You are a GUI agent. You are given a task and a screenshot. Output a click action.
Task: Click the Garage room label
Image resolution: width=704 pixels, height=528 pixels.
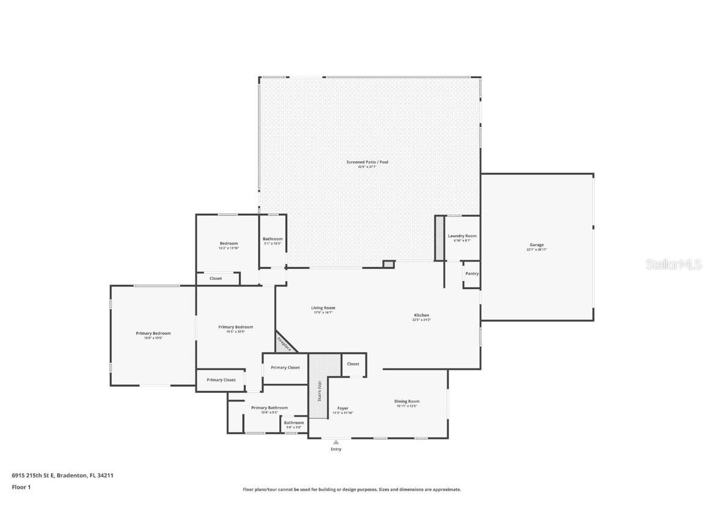click(x=536, y=245)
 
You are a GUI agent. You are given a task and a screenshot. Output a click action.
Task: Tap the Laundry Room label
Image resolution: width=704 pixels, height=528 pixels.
click(x=462, y=236)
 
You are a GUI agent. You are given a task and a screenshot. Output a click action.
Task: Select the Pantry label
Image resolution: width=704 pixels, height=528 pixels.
click(x=472, y=274)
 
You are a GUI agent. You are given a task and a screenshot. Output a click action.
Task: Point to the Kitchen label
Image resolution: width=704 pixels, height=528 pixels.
click(x=421, y=315)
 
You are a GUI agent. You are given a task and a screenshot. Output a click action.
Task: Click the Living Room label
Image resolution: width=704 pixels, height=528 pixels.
click(x=323, y=308)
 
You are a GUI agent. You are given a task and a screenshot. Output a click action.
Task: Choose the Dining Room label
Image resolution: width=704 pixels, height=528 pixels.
click(x=407, y=402)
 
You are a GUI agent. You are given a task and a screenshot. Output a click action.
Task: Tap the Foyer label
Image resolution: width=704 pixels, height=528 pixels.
click(x=342, y=408)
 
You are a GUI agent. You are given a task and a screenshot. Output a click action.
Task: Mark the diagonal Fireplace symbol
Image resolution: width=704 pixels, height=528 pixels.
click(x=284, y=343)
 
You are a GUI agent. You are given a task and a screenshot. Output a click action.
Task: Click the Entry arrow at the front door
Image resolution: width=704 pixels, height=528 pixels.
click(x=335, y=442)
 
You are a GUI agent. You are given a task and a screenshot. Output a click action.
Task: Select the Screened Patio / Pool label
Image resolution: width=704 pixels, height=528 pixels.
click(x=367, y=162)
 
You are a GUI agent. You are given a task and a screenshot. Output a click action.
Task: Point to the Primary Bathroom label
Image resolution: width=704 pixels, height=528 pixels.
click(x=269, y=408)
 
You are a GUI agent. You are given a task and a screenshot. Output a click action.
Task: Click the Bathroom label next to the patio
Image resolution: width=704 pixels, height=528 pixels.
click(x=273, y=239)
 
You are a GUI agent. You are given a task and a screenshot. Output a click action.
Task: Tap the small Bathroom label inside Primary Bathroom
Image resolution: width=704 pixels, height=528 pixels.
click(x=293, y=423)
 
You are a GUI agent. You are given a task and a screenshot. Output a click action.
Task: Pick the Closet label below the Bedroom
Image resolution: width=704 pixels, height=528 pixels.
click(x=216, y=279)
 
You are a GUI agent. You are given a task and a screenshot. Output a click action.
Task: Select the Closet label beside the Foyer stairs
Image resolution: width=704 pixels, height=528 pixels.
click(x=353, y=364)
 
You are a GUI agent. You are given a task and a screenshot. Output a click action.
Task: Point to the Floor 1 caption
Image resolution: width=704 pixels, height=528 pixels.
click(x=21, y=487)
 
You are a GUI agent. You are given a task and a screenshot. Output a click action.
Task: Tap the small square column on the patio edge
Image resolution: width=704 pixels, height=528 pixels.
click(x=388, y=264)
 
